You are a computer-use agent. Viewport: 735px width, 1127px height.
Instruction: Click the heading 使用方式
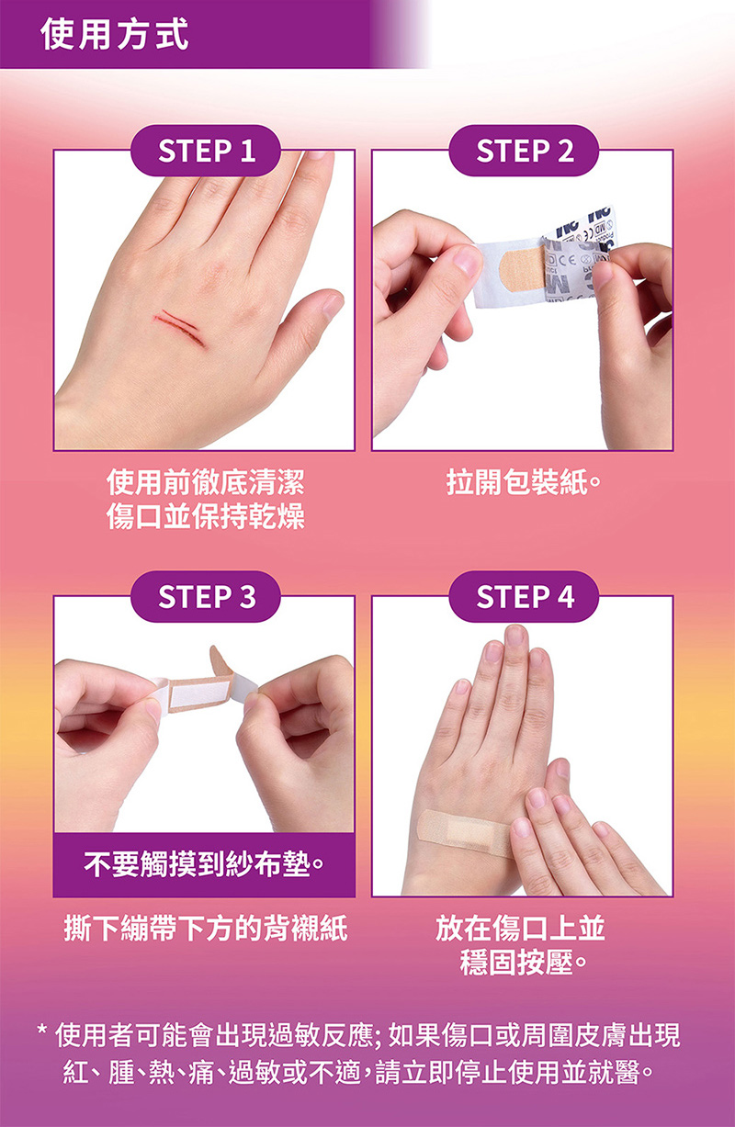(x=115, y=34)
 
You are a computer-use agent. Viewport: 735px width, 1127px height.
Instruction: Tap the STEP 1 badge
(x=206, y=151)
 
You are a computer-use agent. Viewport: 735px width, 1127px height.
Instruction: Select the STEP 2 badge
(x=524, y=151)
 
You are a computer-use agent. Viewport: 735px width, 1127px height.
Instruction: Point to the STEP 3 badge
(x=206, y=596)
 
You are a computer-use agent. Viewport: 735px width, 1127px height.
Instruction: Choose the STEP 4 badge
(x=524, y=596)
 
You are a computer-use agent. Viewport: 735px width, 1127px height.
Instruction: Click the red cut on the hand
(x=181, y=328)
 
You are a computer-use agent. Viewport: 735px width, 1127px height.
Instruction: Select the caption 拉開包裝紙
(x=524, y=482)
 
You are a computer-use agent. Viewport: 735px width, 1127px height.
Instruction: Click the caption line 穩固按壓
(x=524, y=963)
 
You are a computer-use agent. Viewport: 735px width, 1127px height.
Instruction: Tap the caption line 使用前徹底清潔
(x=206, y=482)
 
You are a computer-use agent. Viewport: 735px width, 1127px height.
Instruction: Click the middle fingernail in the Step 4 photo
(x=515, y=636)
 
